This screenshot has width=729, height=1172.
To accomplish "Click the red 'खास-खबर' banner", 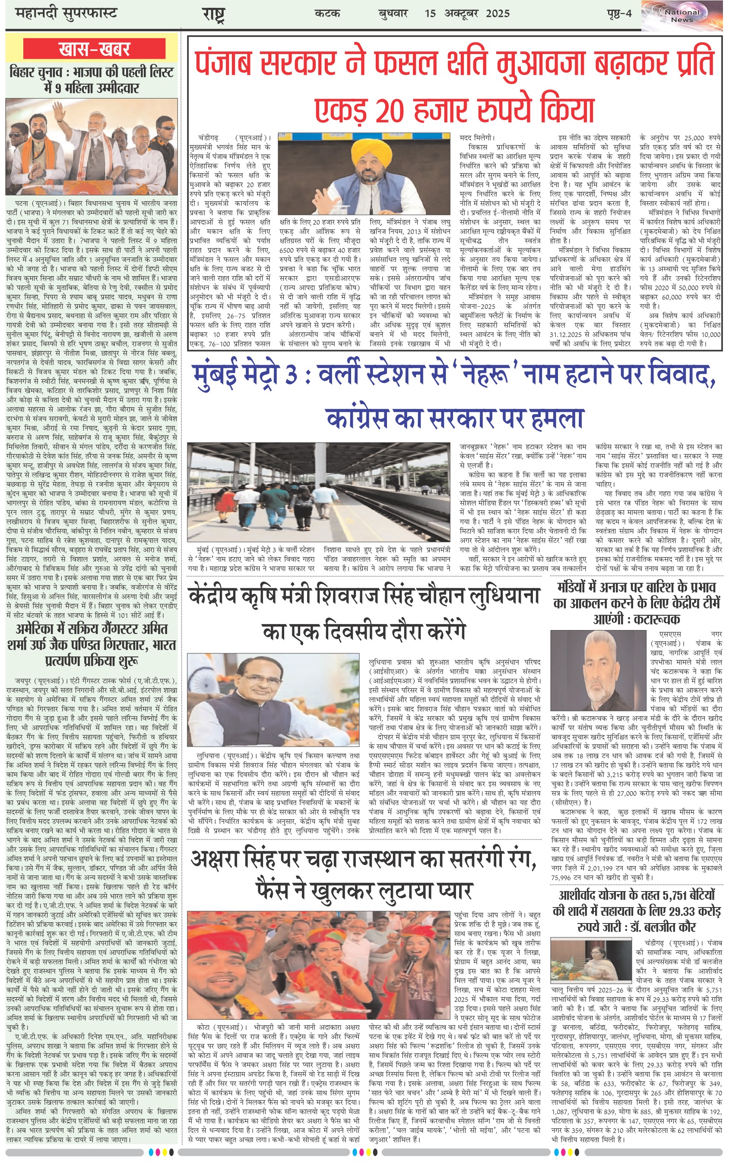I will coord(94,49).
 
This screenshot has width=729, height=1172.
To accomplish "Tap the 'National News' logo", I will coord(682,16).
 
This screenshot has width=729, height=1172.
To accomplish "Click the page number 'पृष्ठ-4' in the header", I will coord(619,13).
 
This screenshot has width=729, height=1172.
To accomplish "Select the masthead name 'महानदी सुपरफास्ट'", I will coord(67,13).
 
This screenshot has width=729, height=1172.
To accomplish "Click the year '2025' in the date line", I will coord(498,13).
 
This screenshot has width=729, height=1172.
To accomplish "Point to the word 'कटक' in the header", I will coord(327,13).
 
